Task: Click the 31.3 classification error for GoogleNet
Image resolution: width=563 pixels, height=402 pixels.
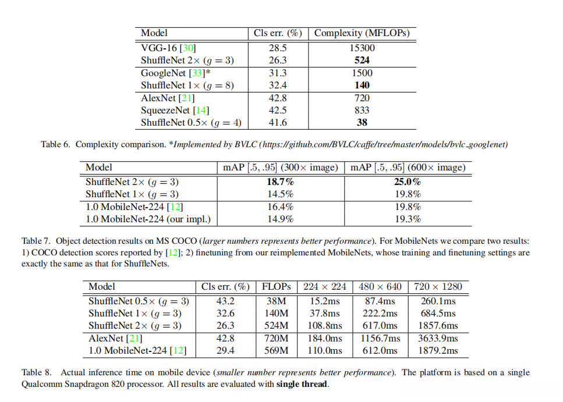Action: pos(277,73)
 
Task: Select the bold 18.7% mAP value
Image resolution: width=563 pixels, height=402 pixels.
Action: pos(281,182)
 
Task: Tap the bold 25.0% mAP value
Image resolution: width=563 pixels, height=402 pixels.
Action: pos(407,182)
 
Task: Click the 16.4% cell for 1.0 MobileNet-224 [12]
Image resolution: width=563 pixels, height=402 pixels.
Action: pos(281,207)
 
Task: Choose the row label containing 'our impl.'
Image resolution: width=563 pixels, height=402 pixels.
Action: pos(148,219)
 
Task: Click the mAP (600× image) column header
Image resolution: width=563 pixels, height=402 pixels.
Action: pos(408,168)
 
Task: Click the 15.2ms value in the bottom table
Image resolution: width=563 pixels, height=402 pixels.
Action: pos(324,301)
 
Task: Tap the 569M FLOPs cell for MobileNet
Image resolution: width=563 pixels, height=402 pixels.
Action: pos(276,351)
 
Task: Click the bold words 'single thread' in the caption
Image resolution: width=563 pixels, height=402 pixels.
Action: pos(302,385)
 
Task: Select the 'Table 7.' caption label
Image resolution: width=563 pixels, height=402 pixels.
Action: pos(38,240)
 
